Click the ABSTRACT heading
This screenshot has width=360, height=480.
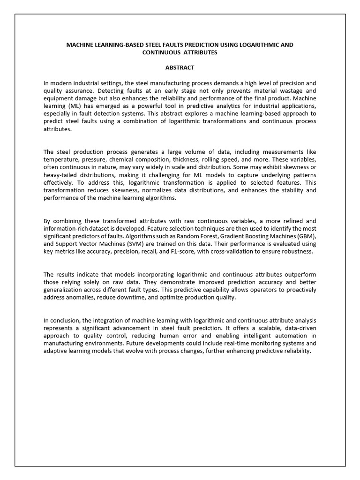[180, 67]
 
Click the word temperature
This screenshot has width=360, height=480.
[61, 159]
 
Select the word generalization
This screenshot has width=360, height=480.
[63, 289]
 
